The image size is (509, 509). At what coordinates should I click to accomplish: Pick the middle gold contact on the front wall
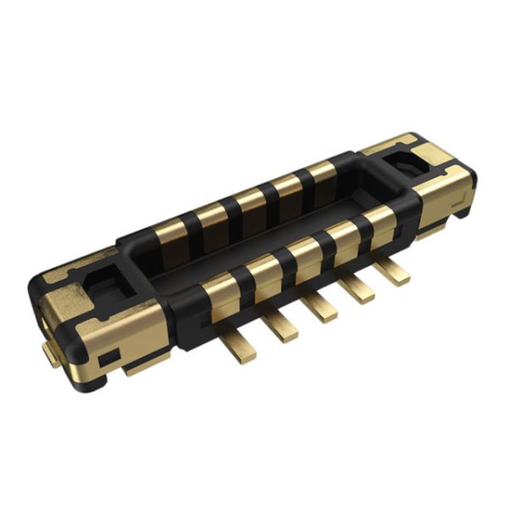pos(303,252)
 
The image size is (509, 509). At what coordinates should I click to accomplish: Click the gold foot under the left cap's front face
pos(144,367)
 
